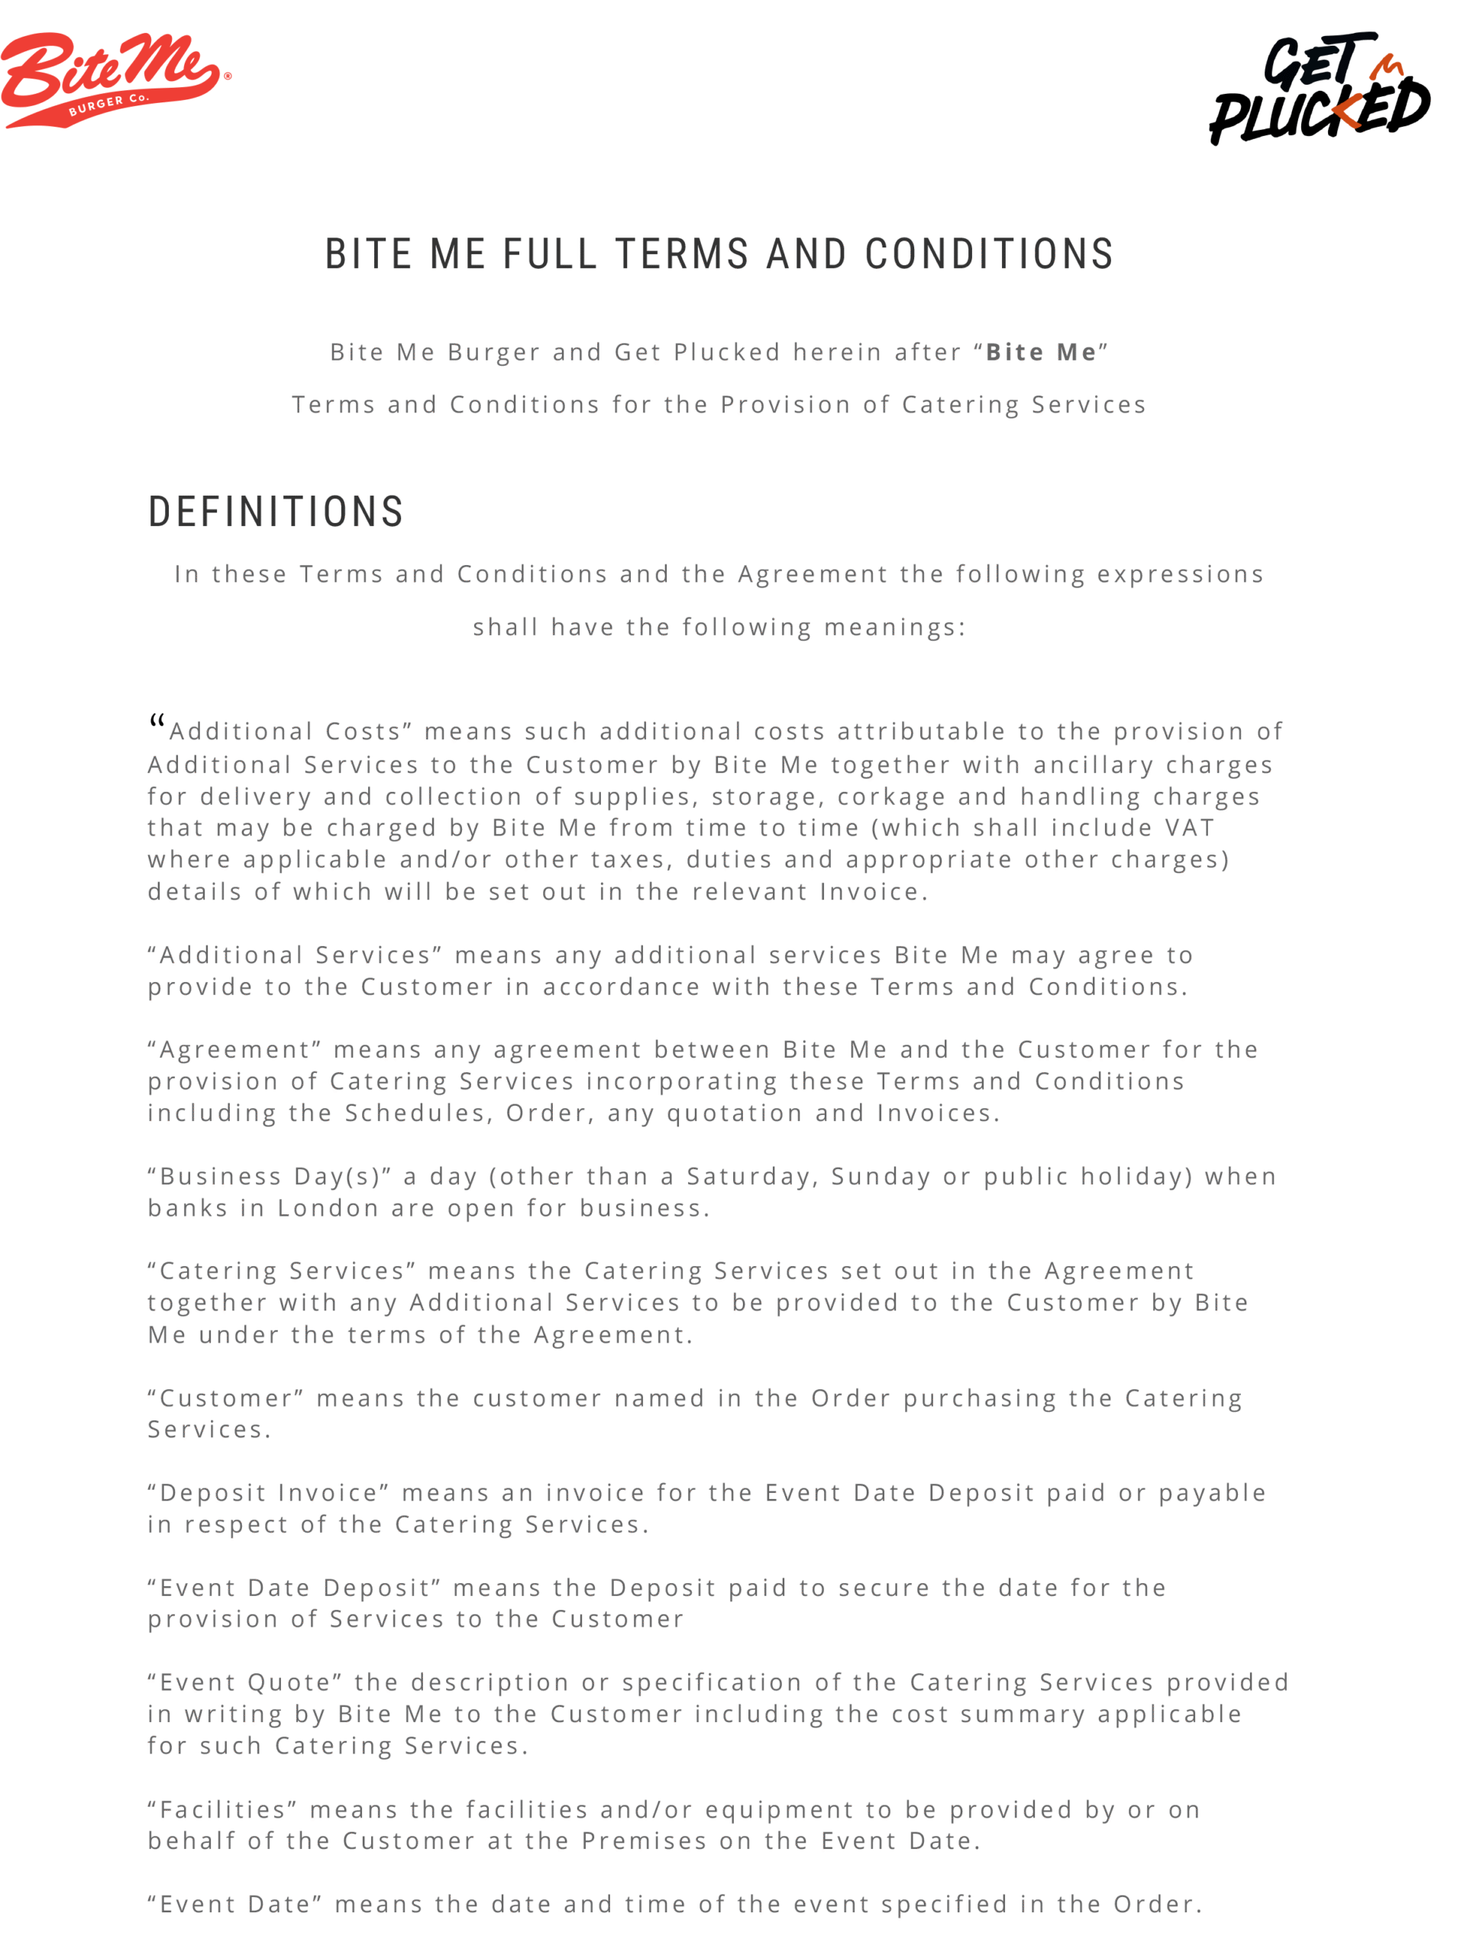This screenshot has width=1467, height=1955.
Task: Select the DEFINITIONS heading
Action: point(276,512)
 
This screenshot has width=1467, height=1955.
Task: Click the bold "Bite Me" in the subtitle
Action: point(1041,353)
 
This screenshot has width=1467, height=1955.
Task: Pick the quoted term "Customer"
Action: point(225,1398)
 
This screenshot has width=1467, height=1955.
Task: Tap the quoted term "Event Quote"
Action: point(245,1683)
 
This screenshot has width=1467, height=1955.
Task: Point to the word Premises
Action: point(645,1841)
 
